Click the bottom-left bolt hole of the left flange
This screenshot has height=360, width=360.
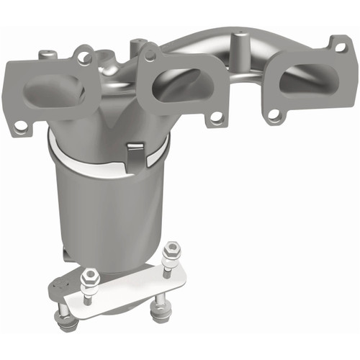[x=21, y=125]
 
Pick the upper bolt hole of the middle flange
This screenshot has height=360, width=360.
[x=152, y=53]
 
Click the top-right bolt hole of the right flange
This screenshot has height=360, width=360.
[x=339, y=48]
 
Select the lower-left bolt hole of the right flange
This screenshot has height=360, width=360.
[x=274, y=114]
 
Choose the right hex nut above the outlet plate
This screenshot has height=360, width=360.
[x=171, y=253]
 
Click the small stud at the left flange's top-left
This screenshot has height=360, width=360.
[x=47, y=54]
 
